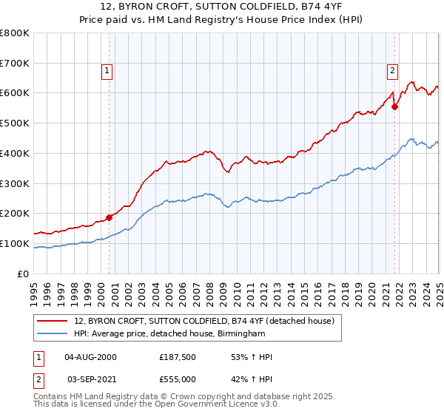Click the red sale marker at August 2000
pos(109,217)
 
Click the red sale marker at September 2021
pos(394,106)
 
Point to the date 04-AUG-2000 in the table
pos(91,358)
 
